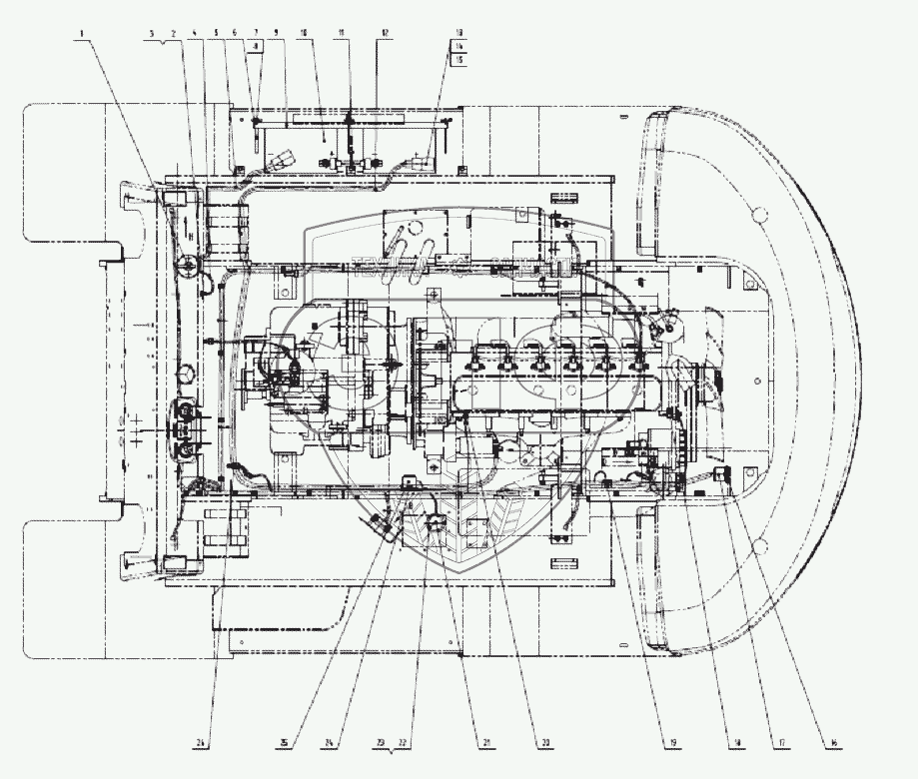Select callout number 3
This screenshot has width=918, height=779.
[151, 33]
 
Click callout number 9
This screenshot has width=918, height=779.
[276, 33]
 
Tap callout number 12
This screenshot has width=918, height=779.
[383, 33]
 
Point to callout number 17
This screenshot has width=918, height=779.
[780, 742]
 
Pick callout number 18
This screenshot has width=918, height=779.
[739, 742]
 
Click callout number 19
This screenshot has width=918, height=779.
[672, 742]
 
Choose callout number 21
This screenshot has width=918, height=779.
[487, 742]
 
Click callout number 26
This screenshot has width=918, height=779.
[201, 742]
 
